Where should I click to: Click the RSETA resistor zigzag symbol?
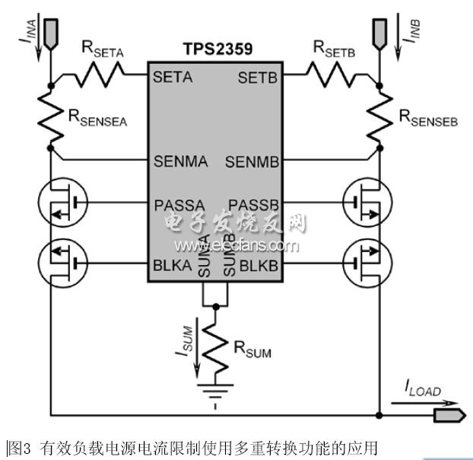point(100,75)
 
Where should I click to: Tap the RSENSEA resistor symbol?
point(49,114)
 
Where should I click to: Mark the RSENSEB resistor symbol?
point(378,114)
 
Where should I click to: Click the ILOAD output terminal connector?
point(447,416)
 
